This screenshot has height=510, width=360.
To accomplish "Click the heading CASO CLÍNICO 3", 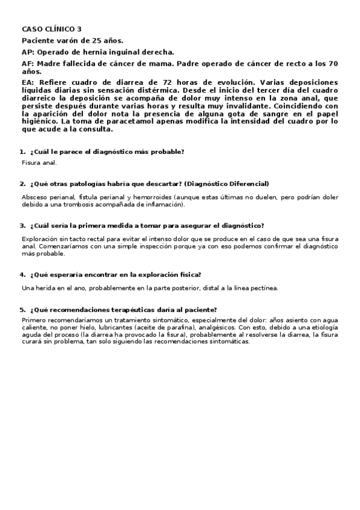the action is point(52,28).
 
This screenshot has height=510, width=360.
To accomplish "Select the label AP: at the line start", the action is point(28,52).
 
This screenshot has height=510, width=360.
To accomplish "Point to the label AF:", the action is point(28,63).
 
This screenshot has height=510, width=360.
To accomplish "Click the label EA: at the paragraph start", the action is point(28,81).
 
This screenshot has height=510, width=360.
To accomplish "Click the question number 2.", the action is point(22,183).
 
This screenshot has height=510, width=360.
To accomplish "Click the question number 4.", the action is point(22,275).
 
